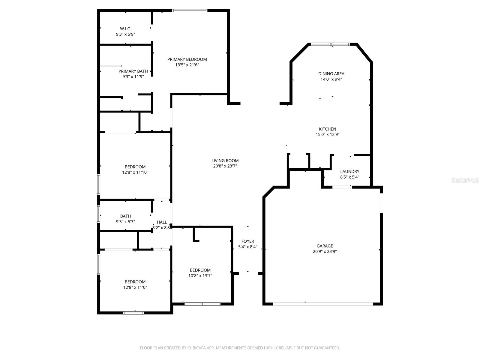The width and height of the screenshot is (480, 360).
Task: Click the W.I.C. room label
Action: point(125,29)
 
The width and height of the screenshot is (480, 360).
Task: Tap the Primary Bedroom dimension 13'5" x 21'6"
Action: point(187,65)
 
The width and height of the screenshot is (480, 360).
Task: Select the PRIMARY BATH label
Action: point(133,71)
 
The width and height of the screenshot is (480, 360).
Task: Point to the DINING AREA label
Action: point(331,74)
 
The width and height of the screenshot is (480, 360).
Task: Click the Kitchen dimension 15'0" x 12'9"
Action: point(327,135)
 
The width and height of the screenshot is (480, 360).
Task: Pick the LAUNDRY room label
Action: point(349,172)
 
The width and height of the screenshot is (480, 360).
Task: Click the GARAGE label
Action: point(325,246)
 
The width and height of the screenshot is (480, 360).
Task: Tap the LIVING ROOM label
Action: point(225,160)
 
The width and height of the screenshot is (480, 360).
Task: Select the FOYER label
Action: point(247,241)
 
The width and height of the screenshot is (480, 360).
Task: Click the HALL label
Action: point(162,222)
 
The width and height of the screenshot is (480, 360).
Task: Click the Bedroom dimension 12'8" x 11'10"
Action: point(135,172)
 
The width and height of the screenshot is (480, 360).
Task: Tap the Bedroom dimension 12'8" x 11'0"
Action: point(135,287)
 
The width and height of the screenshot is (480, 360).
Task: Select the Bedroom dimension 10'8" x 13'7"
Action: point(200,276)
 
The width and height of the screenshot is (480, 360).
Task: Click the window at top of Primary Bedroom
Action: point(190,11)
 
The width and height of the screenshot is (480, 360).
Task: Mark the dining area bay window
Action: point(330,44)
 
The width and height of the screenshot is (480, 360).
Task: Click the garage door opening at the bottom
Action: point(323,304)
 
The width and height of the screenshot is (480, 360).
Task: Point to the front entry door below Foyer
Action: point(248,274)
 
